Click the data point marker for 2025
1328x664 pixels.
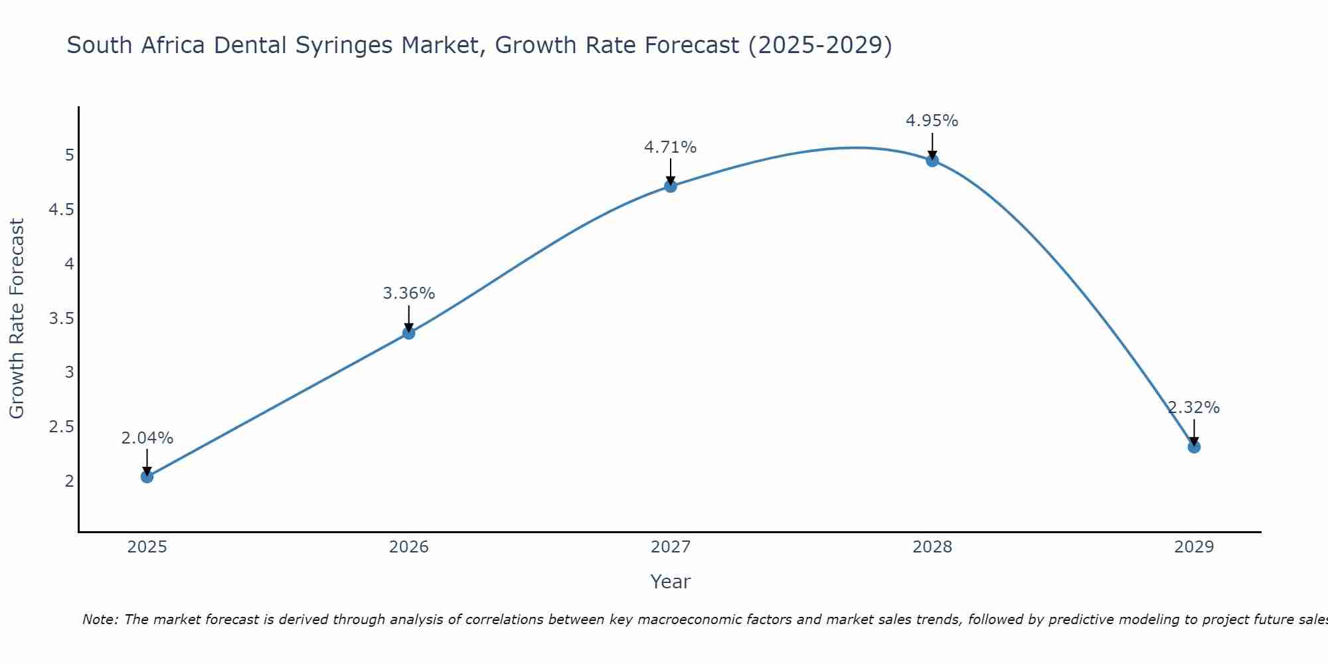coord(147,476)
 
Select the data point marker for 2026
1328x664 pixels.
coord(409,333)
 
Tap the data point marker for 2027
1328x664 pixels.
coord(671,186)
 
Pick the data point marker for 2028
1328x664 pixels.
coord(932,160)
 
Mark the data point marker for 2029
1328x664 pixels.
coord(1194,447)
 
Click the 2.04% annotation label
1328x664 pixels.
coord(147,438)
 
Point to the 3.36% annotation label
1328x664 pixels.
coord(409,293)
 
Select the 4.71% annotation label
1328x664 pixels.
coord(671,147)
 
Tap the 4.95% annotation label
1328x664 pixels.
coord(932,121)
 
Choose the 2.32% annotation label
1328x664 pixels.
coord(1194,408)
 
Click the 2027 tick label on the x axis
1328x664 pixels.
coord(671,547)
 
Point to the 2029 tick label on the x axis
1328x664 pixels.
coord(1194,547)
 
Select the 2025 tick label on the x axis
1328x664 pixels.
coord(147,547)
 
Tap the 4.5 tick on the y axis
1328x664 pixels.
coord(61,210)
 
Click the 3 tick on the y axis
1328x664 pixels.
coord(70,373)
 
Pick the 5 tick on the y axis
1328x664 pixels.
coord(70,155)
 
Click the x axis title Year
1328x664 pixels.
coord(671,582)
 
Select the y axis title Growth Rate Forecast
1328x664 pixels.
coord(17,319)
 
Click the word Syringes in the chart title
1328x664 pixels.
coord(343,46)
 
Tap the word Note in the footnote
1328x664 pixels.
coord(99,620)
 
